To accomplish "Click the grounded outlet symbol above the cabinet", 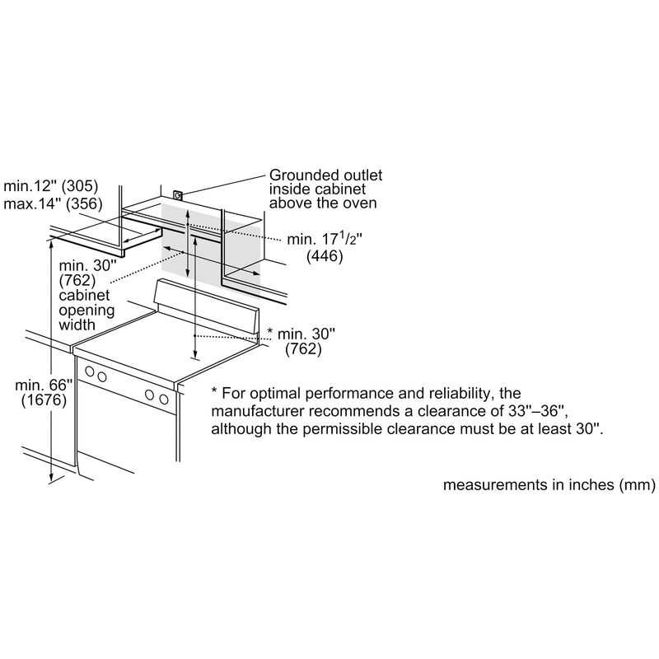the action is click(x=178, y=195).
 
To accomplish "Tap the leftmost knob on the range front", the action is click(x=89, y=372).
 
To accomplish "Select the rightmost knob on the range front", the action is click(x=163, y=400).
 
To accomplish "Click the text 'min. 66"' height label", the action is click(x=44, y=385).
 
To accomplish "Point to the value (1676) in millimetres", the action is click(x=44, y=400).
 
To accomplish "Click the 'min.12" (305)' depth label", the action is click(x=51, y=186).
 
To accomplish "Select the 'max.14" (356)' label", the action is click(x=53, y=203).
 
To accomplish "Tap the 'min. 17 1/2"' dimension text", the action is click(x=325, y=239).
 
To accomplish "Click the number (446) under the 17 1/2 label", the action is click(x=325, y=255).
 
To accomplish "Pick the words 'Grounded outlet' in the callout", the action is click(x=325, y=175).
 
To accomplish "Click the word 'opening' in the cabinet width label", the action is click(x=86, y=311).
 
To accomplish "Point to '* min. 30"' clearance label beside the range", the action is click(x=301, y=334).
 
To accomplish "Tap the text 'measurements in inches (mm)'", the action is click(x=549, y=484).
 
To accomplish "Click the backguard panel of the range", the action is click(x=207, y=306).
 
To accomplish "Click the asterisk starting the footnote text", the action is click(x=214, y=390).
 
